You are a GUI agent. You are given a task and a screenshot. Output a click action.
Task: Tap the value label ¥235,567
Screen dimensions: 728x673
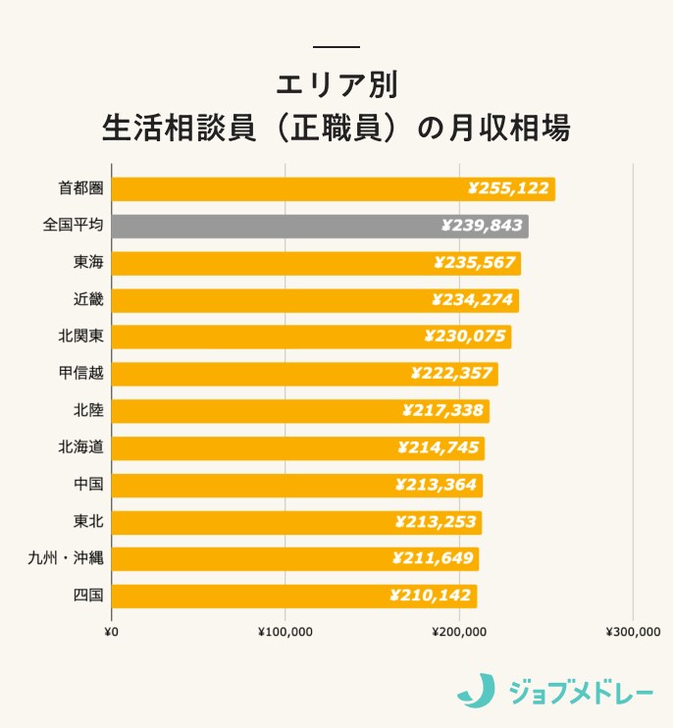click(x=473, y=263)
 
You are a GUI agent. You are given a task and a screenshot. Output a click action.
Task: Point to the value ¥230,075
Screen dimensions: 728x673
click(x=465, y=337)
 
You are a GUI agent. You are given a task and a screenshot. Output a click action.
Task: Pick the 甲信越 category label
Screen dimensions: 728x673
click(x=80, y=374)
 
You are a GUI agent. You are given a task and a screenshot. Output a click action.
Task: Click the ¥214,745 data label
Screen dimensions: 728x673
click(x=439, y=447)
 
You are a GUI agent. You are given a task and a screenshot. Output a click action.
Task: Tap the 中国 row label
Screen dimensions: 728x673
click(x=87, y=485)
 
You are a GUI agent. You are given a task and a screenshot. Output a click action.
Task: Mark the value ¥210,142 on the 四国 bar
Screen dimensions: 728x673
click(x=431, y=596)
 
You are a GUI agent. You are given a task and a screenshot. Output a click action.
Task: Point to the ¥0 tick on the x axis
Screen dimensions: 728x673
click(x=111, y=632)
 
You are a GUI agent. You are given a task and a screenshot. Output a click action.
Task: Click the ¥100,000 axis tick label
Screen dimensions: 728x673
click(x=285, y=632)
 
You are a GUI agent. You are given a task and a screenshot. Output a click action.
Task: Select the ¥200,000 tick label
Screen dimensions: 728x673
click(x=458, y=632)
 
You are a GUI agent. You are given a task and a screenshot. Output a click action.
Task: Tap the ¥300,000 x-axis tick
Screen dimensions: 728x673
click(x=633, y=632)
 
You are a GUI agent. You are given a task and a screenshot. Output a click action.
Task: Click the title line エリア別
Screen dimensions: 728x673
click(x=336, y=84)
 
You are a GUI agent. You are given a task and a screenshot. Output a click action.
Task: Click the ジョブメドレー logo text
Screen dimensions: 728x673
click(x=581, y=692)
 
